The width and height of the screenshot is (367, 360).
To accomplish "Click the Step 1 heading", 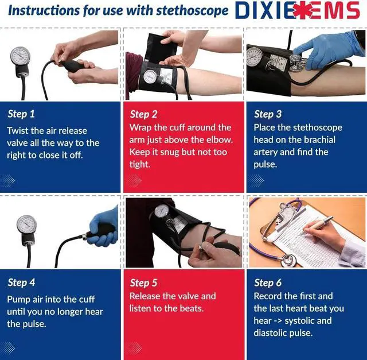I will click(x=21, y=114).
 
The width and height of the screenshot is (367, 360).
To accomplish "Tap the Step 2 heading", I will click(x=144, y=114).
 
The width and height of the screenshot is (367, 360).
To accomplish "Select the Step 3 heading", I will click(x=268, y=114).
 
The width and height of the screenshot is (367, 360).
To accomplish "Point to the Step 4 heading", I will click(x=21, y=282).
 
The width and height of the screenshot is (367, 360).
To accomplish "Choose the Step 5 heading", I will click(x=144, y=282).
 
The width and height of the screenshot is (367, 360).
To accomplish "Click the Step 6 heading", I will click(x=268, y=282).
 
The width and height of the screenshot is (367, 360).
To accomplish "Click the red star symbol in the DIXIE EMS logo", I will click(x=303, y=11).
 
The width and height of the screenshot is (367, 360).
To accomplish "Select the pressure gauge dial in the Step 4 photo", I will click(x=27, y=224).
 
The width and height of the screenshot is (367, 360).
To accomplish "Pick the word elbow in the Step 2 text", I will click(x=219, y=140).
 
